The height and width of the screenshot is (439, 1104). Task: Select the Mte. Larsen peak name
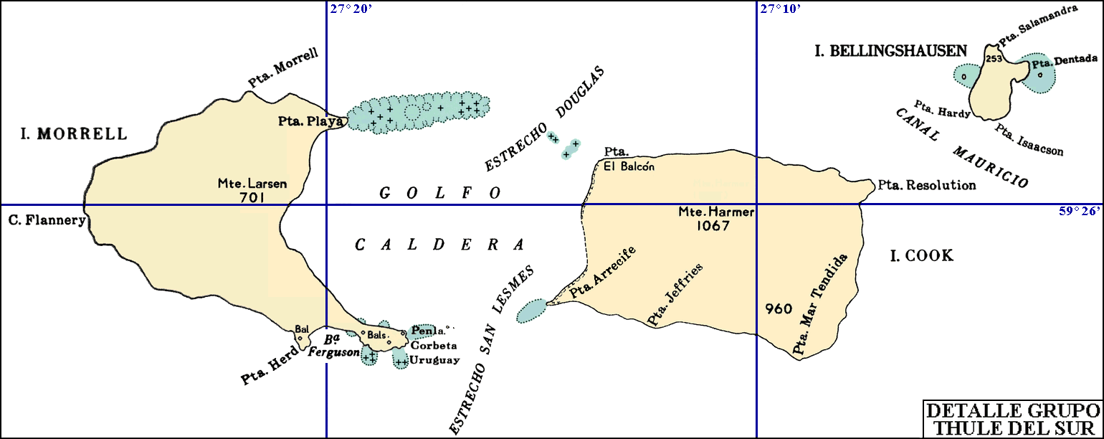point(252,184)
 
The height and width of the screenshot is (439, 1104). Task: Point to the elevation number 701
point(252,197)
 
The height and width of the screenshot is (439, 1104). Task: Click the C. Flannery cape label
point(44,219)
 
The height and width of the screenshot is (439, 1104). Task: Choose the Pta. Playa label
point(310,121)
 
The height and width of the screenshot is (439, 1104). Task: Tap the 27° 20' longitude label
point(351,9)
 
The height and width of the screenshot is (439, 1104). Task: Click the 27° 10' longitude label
point(781,9)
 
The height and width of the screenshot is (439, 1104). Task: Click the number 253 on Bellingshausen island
point(994,59)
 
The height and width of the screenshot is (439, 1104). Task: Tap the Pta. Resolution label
point(926,185)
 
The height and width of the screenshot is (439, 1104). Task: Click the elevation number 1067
point(711,226)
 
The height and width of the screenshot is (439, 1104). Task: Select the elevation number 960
point(778,310)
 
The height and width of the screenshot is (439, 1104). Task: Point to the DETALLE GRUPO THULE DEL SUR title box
point(1012,419)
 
